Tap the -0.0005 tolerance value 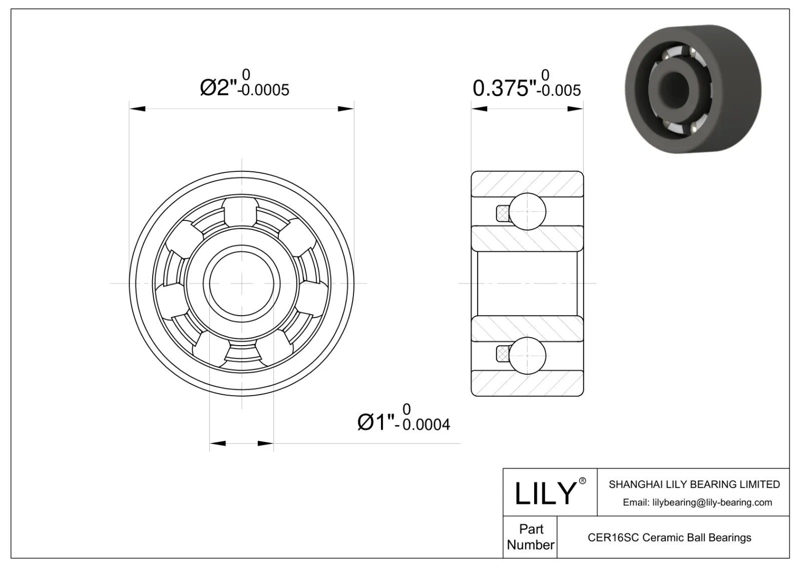click(264, 90)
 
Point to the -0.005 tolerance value click(559, 91)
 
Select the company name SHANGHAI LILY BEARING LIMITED click(694, 484)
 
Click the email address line click(697, 502)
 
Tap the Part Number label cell click(530, 537)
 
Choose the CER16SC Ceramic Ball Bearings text click(669, 537)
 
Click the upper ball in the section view click(528, 211)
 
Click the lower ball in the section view click(528, 355)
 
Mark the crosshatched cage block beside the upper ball click(502, 213)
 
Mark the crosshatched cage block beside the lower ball click(502, 354)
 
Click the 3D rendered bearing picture click(693, 89)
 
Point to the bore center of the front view click(242, 283)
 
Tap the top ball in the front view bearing click(241, 211)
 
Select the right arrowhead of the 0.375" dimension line click(576, 109)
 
